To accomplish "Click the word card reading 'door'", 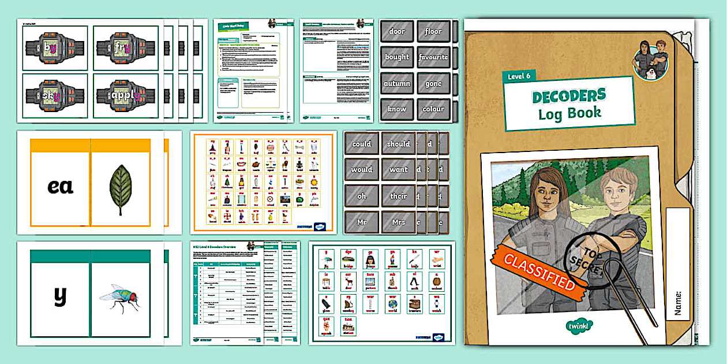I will [x=397, y=31].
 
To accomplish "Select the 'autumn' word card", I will [x=397, y=83].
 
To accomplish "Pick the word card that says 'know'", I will [x=397, y=109].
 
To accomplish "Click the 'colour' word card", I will [x=433, y=109].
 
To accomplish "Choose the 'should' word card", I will [x=398, y=144].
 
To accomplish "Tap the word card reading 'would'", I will [x=362, y=170].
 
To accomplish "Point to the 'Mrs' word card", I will [x=398, y=222].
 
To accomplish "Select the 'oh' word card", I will [x=362, y=196].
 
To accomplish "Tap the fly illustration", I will [x=119, y=297].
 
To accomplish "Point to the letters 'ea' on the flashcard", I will [x=60, y=187].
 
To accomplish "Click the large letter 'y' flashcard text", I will [x=60, y=296].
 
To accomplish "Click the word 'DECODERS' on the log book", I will [x=569, y=95].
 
